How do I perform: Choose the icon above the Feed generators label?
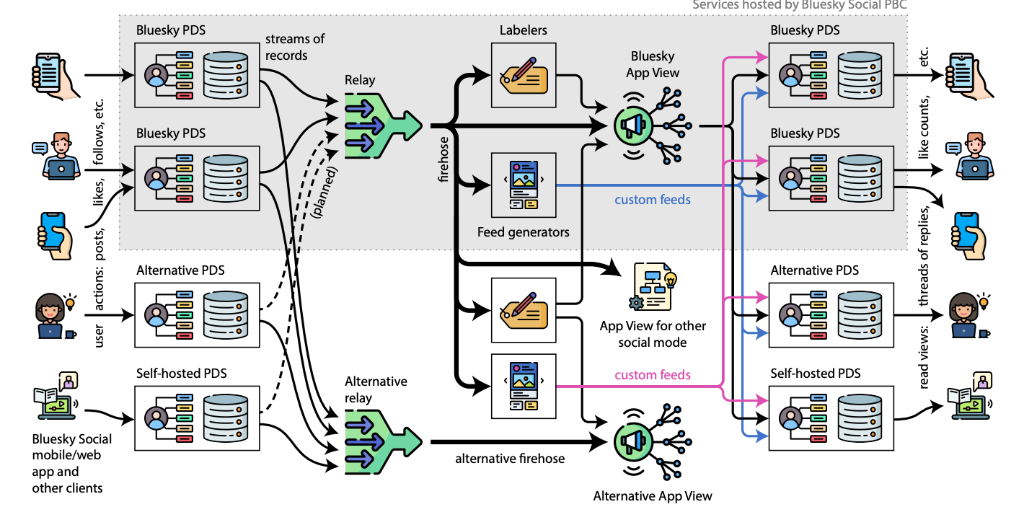coord(523,185)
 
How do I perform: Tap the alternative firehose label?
coord(509,458)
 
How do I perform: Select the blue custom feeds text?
coord(653,200)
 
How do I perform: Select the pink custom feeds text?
coord(653,375)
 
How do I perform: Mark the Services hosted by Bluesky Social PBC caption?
coord(799,5)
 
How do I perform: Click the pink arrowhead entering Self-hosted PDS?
coord(762,398)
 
